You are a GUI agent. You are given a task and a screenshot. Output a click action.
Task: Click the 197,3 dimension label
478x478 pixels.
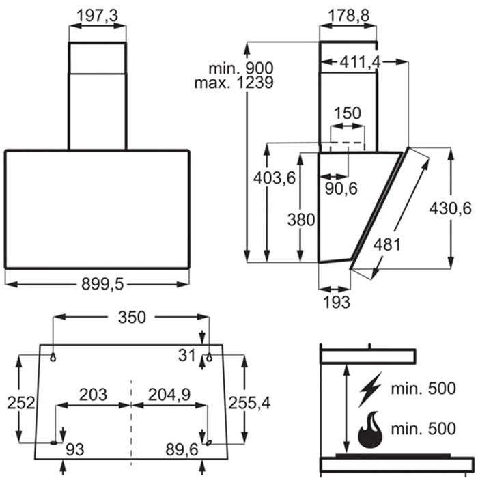click(97, 15)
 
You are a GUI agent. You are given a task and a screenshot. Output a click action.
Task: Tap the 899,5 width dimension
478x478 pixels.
click(102, 285)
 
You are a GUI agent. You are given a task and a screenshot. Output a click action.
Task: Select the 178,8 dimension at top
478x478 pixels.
click(349, 15)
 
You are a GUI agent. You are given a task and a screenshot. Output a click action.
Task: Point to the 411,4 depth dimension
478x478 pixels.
click(360, 62)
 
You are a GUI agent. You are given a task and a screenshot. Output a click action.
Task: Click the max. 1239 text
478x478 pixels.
click(234, 83)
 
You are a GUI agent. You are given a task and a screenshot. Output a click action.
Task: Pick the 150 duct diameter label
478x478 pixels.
click(347, 113)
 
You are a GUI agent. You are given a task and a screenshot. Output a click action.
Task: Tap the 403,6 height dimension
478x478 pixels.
click(275, 178)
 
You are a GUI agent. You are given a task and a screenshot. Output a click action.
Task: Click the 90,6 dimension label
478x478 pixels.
click(341, 188)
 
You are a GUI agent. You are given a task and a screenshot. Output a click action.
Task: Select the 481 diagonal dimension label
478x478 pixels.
click(387, 244)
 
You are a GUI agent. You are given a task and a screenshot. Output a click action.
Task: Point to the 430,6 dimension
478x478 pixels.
click(450, 208)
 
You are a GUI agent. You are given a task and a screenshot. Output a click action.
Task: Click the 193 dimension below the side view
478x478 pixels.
click(336, 302)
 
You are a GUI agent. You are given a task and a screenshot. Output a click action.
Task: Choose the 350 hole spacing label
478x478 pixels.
click(132, 317)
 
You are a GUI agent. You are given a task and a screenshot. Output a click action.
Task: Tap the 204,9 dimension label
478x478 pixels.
click(169, 395)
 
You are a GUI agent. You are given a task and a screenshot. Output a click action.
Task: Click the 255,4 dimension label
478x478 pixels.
click(249, 403)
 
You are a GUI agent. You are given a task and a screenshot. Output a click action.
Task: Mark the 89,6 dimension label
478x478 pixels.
click(182, 449)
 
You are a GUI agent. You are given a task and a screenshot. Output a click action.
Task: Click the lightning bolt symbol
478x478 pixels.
click(370, 389)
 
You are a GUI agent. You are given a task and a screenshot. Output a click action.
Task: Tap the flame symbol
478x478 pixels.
click(370, 430)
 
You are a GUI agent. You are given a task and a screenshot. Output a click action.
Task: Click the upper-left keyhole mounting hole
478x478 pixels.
click(53, 357)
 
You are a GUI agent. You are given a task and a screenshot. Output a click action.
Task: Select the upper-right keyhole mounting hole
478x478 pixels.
click(209, 357)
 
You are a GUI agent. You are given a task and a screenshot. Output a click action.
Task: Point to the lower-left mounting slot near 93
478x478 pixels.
click(54, 442)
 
